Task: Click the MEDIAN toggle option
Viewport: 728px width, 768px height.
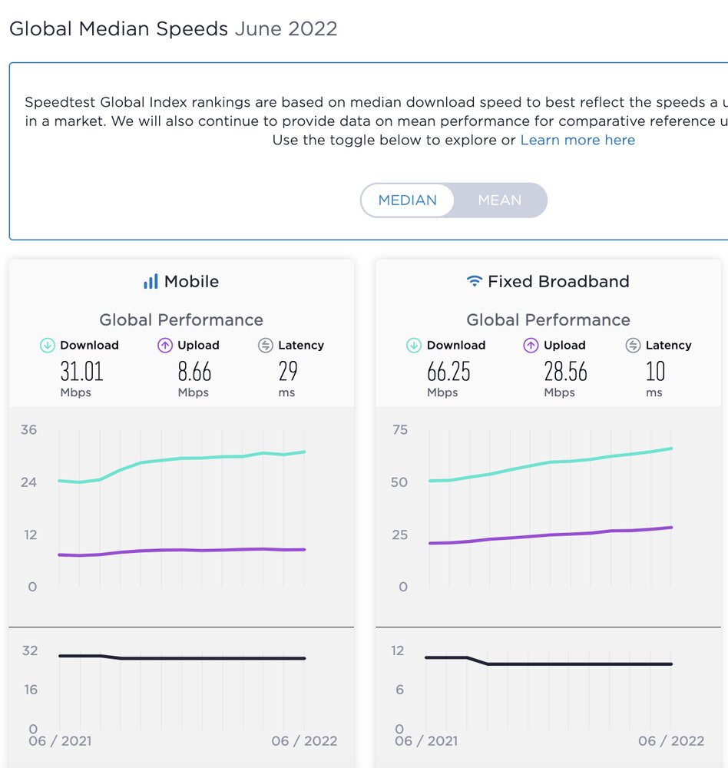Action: pos(408,200)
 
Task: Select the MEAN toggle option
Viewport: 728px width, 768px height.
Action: pos(500,200)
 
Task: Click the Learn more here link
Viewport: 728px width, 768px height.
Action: pos(577,141)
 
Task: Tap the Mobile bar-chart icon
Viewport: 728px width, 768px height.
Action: pos(151,282)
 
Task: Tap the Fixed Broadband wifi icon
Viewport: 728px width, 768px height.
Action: pos(475,282)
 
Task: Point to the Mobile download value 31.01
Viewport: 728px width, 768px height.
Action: pos(81,372)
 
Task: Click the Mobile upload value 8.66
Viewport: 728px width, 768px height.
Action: pos(194,372)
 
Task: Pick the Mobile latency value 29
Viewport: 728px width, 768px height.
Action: pos(288,372)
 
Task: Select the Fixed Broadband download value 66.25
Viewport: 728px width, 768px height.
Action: pos(448,372)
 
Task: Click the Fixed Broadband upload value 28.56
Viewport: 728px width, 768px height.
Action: pos(565,372)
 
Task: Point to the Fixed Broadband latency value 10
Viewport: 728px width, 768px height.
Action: pos(655,372)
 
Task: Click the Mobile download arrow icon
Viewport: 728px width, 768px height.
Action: pos(48,346)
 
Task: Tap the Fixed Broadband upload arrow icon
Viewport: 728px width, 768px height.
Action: pos(531,346)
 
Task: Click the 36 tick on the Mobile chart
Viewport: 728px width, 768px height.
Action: pos(28,430)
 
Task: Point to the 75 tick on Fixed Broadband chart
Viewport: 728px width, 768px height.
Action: pos(399,430)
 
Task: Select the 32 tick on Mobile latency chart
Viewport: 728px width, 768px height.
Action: pos(30,651)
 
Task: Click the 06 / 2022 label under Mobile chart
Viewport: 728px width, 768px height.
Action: pos(305,741)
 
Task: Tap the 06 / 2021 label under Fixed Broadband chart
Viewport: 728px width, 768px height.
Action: pos(427,741)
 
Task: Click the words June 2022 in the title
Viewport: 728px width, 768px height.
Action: pos(286,29)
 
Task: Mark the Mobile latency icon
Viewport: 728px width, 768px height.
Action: pos(266,346)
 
